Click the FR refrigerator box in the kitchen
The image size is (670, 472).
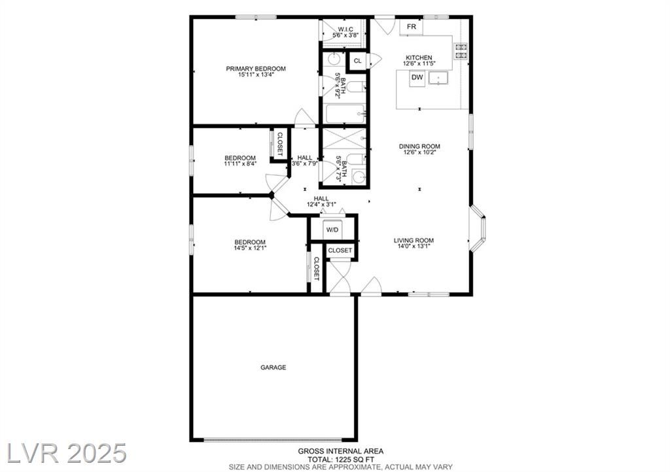tap(411, 27)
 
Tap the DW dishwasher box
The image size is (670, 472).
tap(417, 78)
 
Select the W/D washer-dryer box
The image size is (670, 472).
tap(332, 230)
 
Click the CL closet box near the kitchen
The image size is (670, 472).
tap(358, 61)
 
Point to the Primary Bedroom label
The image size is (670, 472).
tap(256, 69)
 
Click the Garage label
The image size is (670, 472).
tap(273, 367)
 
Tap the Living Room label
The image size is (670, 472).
tap(414, 241)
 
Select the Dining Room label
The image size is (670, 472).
tap(419, 146)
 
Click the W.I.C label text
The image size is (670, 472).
tap(345, 29)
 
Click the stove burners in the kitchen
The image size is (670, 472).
tap(461, 51)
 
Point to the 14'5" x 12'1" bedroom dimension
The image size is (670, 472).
tap(250, 248)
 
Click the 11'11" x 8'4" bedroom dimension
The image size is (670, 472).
tap(240, 163)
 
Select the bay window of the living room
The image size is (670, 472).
tap(477, 228)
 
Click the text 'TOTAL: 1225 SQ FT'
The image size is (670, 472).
tap(341, 460)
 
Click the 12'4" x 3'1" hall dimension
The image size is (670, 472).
tap(321, 205)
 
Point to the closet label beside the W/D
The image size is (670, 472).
tap(340, 250)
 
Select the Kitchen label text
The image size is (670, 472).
tap(419, 58)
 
